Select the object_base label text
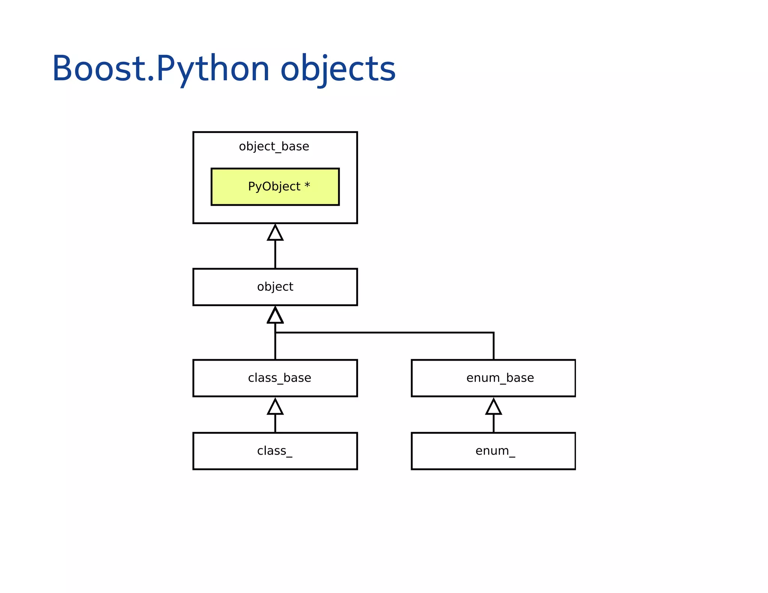tap(274, 147)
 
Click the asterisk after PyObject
tap(307, 186)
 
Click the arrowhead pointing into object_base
tap(275, 234)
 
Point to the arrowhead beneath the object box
tap(275, 316)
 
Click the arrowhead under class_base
tap(275, 407)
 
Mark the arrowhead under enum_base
tap(493, 407)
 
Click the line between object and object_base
tap(275, 254)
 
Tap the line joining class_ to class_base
tap(275, 424)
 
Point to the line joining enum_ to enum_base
tap(493, 424)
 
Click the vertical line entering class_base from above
tap(275, 347)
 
